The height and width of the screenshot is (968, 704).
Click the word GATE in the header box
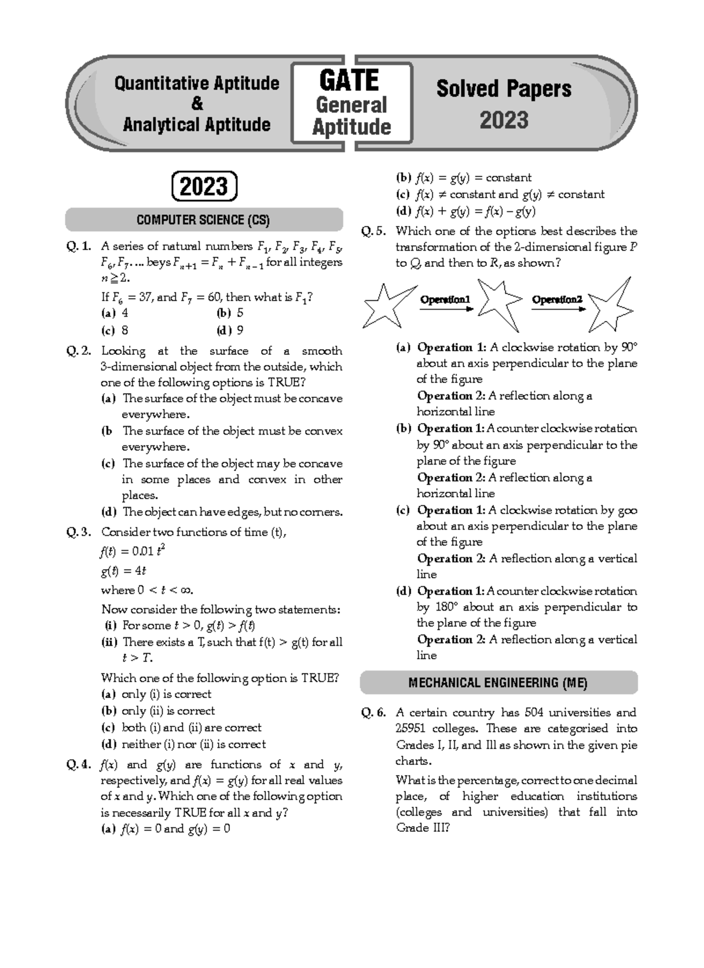click(x=348, y=80)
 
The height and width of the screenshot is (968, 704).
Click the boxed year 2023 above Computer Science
click(x=204, y=187)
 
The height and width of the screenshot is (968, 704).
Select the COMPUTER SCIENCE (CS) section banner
click(x=204, y=220)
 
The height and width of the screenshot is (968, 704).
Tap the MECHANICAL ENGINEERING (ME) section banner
click(x=498, y=683)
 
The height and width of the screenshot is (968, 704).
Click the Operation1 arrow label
click(x=445, y=300)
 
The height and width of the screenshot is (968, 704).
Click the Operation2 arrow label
click(x=557, y=300)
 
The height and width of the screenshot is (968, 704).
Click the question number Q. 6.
click(x=373, y=713)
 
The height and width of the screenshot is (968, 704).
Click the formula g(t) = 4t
click(x=123, y=571)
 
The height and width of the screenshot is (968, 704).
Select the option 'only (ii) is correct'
click(x=168, y=711)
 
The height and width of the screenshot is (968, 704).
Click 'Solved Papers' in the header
click(x=503, y=89)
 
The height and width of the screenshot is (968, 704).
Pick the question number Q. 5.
click(x=373, y=231)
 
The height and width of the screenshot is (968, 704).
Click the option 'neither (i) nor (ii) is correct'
click(x=193, y=744)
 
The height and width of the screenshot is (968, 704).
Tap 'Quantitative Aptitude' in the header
click(x=197, y=84)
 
